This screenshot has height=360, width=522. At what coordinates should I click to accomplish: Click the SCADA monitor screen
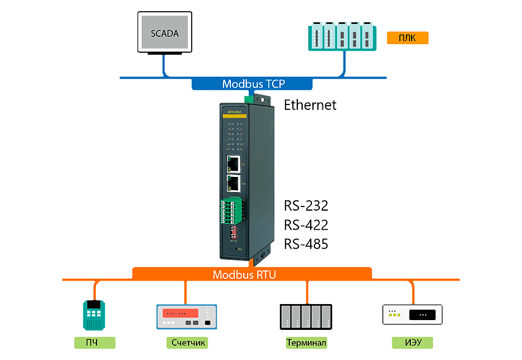point(164,33)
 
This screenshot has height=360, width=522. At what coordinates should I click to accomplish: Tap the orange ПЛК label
point(407,38)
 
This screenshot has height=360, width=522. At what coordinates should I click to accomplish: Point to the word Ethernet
point(310,105)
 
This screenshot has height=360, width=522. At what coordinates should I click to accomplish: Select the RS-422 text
point(306,225)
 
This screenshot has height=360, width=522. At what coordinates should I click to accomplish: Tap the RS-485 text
point(306,244)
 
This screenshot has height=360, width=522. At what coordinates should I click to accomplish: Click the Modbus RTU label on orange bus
point(244,275)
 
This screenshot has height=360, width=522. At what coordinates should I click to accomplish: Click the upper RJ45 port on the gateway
point(234,163)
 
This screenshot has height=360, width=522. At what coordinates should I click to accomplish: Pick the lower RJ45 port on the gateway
point(234,183)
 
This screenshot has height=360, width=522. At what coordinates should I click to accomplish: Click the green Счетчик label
point(185,342)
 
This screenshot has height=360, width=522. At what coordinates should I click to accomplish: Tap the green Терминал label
point(306,342)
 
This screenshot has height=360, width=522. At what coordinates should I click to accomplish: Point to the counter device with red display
point(185,316)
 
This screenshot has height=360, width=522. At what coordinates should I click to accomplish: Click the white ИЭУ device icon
point(411,315)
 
